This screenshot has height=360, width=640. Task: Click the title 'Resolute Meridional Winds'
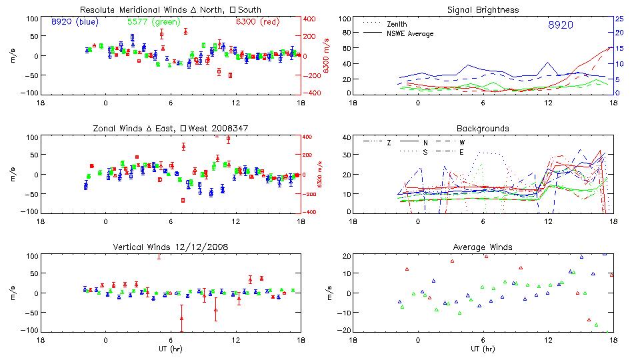pyautogui.click(x=125, y=10)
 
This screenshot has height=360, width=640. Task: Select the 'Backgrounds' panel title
pyautogui.click(x=483, y=129)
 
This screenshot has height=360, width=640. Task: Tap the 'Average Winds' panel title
pyautogui.click(x=483, y=247)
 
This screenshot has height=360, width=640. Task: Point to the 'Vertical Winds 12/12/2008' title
pyautogui.click(x=171, y=247)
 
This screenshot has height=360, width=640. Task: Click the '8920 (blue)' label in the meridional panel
pyautogui.click(x=75, y=21)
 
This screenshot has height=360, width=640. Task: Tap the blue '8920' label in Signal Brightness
pyautogui.click(x=560, y=25)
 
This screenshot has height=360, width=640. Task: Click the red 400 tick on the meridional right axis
pyautogui.click(x=312, y=19)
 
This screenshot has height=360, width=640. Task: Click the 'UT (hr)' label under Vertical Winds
pyautogui.click(x=171, y=349)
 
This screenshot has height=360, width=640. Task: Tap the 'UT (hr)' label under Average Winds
pyautogui.click(x=483, y=349)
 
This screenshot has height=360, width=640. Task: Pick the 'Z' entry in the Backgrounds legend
pyautogui.click(x=388, y=143)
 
